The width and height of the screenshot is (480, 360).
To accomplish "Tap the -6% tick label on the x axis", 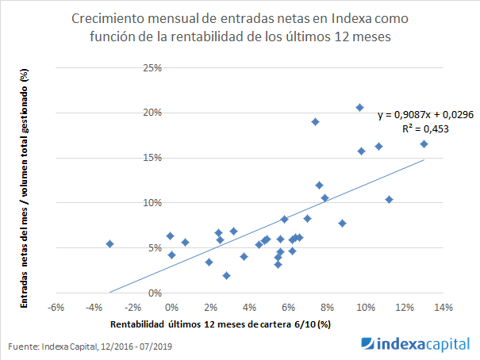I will [55, 306].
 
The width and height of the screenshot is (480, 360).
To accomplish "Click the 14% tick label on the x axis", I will [443, 306].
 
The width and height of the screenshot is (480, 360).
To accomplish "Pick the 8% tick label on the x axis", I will [327, 306].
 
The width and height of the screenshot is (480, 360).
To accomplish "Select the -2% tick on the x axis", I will [132, 306].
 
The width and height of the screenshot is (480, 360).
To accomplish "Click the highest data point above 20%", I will [359, 107].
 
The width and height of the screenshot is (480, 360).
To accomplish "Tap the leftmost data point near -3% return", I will [109, 243].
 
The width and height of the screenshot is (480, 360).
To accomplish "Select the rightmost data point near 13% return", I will [424, 144].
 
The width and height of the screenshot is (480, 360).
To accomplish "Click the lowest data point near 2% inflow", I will [226, 275].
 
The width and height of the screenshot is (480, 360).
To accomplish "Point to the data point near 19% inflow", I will [315, 121].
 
